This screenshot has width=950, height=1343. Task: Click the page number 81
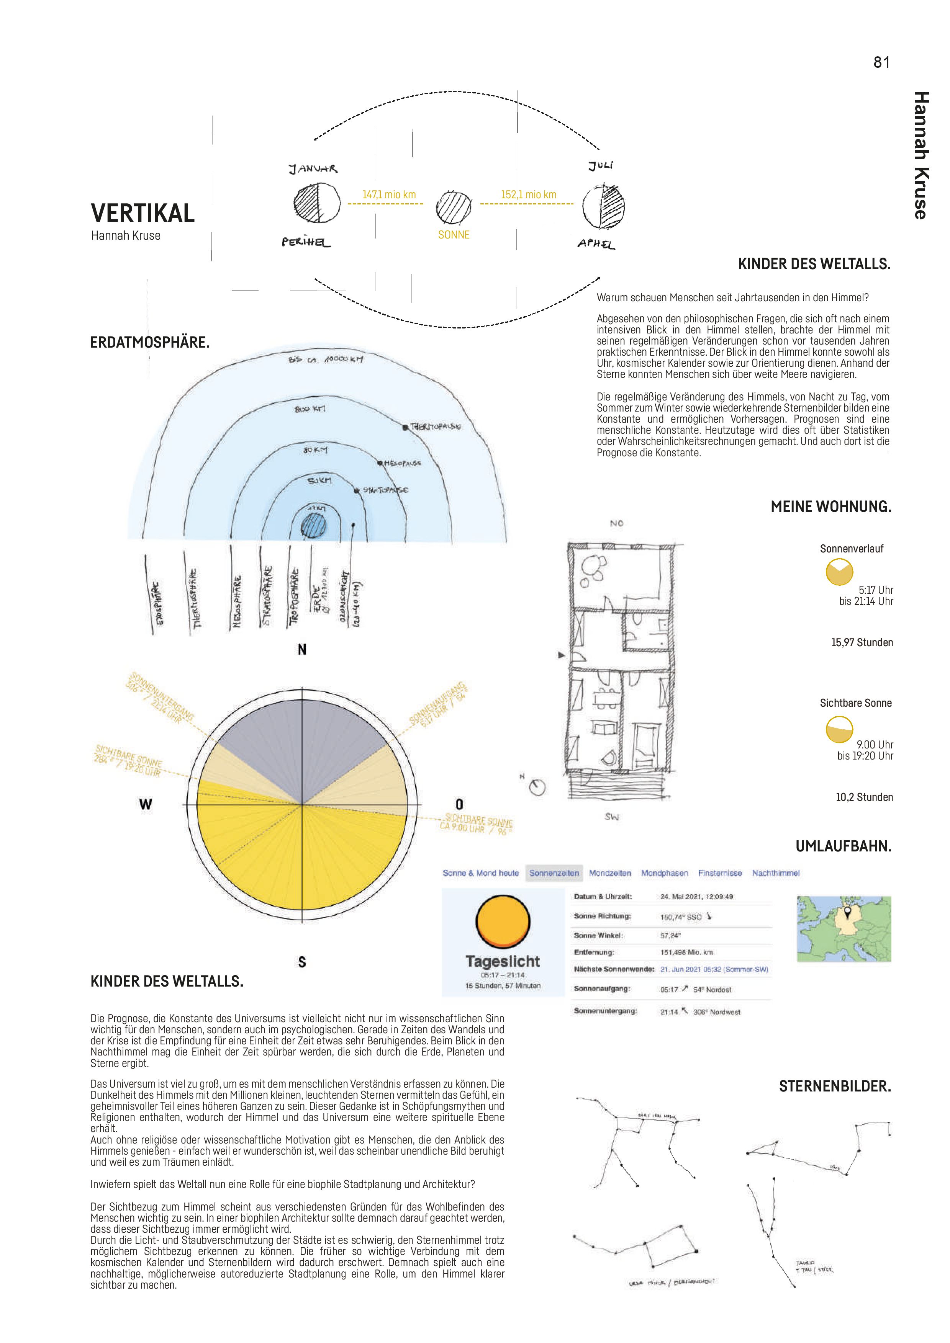(x=881, y=62)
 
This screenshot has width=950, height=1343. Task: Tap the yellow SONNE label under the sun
(x=454, y=235)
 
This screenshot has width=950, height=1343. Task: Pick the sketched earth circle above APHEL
(x=603, y=206)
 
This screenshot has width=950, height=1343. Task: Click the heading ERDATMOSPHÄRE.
(x=150, y=342)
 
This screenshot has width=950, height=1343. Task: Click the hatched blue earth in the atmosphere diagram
(x=313, y=525)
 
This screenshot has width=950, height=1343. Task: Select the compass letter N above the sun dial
(x=302, y=649)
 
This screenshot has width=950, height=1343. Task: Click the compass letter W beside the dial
(x=145, y=804)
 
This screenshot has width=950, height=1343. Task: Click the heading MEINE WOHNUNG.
(x=830, y=506)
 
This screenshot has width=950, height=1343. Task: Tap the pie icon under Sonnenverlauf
(x=839, y=572)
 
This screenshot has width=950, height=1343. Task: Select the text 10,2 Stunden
(x=864, y=797)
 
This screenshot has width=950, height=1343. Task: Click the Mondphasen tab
(x=664, y=873)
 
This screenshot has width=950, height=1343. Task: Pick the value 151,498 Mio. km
(x=686, y=952)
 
